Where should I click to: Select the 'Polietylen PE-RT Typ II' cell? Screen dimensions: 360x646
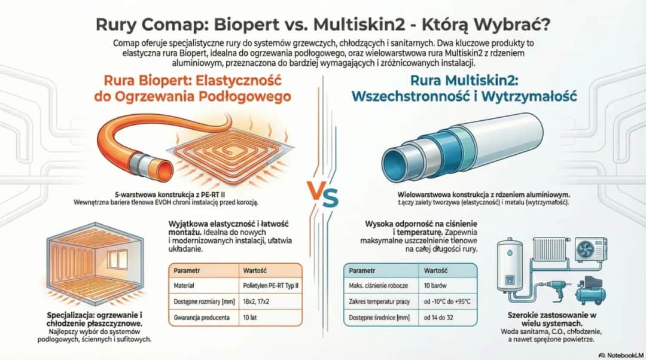click(x=270, y=286)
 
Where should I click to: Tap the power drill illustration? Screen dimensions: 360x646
click(x=545, y=289)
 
